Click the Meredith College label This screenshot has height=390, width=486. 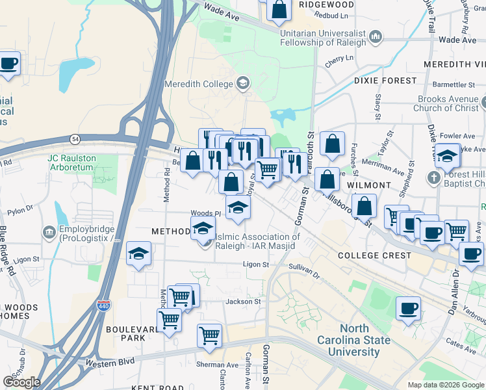click(198, 84)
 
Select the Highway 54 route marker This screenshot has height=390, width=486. click(75, 138)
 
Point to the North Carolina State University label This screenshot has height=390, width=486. click(353, 341)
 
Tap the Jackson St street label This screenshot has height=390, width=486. click(243, 302)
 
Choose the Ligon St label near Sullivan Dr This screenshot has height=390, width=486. click(255, 265)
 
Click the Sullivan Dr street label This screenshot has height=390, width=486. click(304, 268)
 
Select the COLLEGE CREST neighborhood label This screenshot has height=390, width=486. click(374, 255)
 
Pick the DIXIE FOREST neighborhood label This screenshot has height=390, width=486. click(385, 81)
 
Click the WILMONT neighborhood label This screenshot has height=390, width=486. click(368, 185)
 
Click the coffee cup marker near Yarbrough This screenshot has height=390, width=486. click(408, 308)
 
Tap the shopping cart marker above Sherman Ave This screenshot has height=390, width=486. click(209, 335)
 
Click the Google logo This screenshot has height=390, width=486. click(21, 382)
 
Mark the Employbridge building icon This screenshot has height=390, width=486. click(49, 232)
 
